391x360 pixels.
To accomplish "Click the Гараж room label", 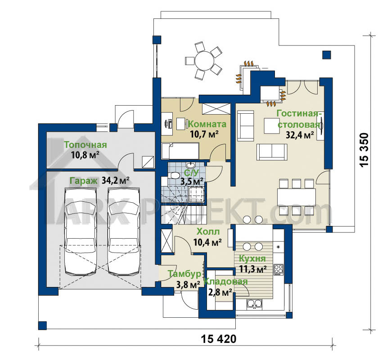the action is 83,181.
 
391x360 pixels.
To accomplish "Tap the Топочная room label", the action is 85,145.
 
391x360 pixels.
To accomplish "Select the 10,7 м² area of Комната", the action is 204,134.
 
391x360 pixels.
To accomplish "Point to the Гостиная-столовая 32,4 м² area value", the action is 299,135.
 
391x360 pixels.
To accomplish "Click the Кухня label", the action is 252,258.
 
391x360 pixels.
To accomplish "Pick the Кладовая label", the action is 226,281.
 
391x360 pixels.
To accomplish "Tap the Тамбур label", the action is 184,274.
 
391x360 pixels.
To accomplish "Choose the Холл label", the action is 208,232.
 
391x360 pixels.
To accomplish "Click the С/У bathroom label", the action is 191,173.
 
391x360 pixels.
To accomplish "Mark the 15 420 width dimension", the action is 218,339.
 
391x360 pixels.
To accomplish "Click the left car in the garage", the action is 81,231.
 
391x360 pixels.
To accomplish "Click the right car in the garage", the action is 124,231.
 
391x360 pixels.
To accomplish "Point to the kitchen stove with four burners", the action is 279,270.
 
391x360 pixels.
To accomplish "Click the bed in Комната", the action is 180,151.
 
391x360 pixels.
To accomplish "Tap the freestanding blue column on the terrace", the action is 327,55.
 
